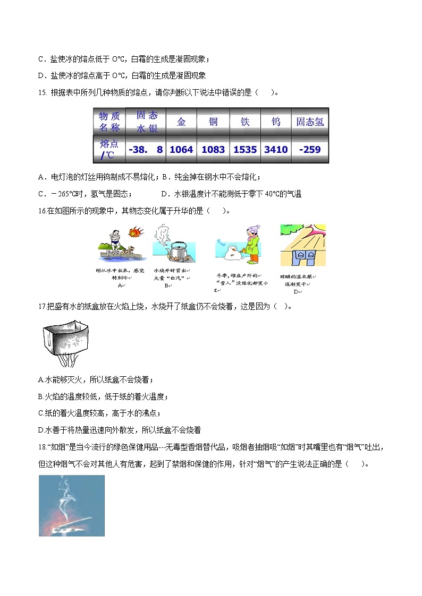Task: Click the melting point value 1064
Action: (181, 150)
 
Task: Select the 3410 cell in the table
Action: (276, 150)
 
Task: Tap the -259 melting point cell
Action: (310, 150)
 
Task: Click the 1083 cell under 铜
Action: (213, 150)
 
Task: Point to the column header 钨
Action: (276, 122)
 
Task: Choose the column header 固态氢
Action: (310, 122)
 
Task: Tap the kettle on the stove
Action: (174, 248)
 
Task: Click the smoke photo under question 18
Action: (72, 505)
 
